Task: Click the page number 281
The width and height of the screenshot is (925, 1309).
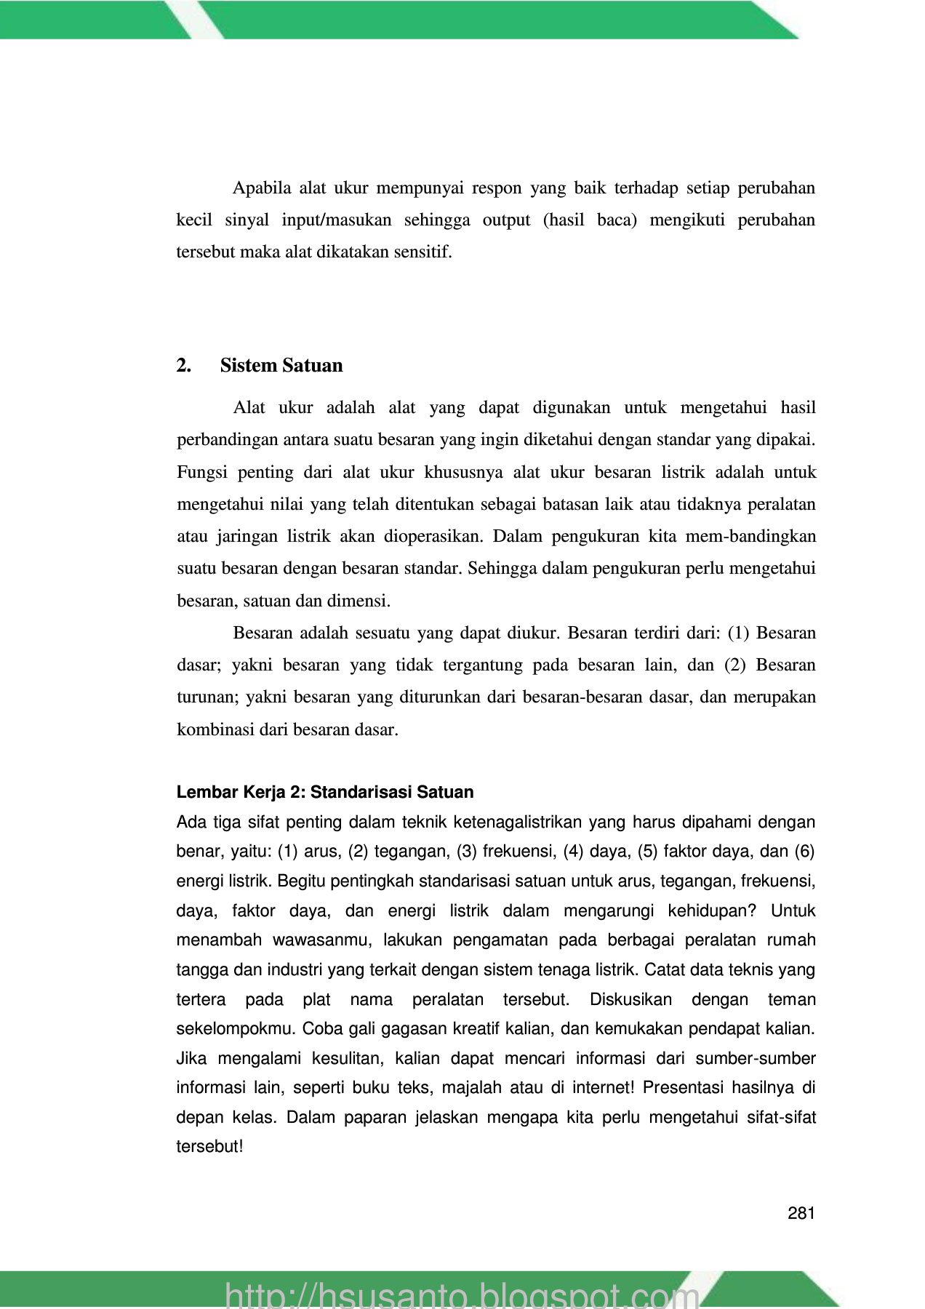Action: [801, 1213]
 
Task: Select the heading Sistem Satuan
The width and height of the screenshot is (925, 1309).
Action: [281, 365]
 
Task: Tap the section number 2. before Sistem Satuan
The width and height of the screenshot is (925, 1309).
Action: [183, 365]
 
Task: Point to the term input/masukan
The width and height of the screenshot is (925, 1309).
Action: [336, 220]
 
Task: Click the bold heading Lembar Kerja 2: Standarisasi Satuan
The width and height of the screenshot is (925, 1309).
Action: [325, 792]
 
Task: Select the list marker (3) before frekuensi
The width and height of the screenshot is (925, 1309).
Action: [467, 851]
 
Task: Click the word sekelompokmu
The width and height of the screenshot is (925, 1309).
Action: [236, 1029]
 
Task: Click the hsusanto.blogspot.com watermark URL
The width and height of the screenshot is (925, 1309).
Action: [462, 1294]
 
